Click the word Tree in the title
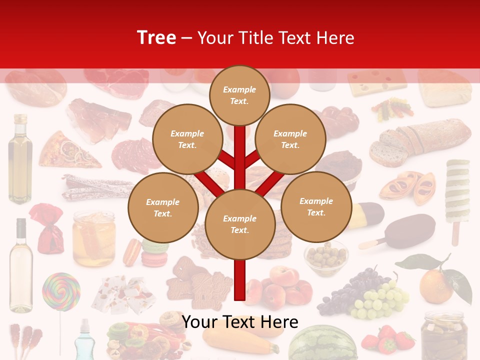click(x=156, y=37)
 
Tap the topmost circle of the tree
click(x=239, y=95)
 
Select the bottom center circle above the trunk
click(x=240, y=224)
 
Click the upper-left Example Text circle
click(x=187, y=139)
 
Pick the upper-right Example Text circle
click(x=290, y=139)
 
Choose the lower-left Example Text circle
click(x=163, y=207)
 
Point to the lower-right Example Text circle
click(x=316, y=206)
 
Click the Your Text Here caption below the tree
click(x=240, y=322)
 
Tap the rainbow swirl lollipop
click(x=61, y=292)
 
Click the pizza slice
click(x=67, y=149)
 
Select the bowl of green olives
click(x=326, y=257)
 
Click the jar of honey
click(x=93, y=238)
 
